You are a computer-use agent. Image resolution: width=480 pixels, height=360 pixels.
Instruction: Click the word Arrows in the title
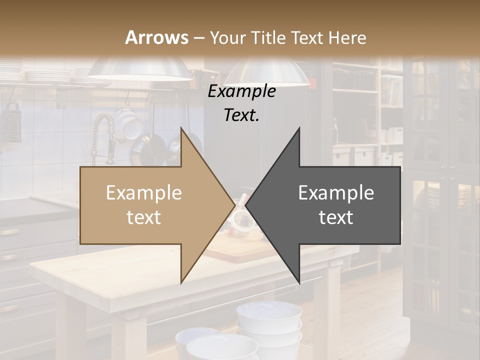[x=156, y=37]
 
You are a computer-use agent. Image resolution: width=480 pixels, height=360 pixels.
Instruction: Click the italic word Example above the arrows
[x=241, y=91]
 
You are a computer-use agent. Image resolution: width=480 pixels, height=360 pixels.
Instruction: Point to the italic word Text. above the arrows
[x=241, y=115]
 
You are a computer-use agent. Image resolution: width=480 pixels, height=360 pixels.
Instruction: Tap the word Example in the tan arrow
[x=144, y=193]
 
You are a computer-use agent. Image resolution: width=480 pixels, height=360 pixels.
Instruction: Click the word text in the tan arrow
[x=144, y=217]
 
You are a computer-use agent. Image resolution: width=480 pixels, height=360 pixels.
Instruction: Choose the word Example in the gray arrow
[x=336, y=193]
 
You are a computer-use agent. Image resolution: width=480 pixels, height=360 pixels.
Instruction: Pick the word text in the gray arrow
[x=336, y=217]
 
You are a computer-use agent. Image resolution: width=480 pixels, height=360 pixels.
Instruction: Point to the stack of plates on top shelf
[x=47, y=75]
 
